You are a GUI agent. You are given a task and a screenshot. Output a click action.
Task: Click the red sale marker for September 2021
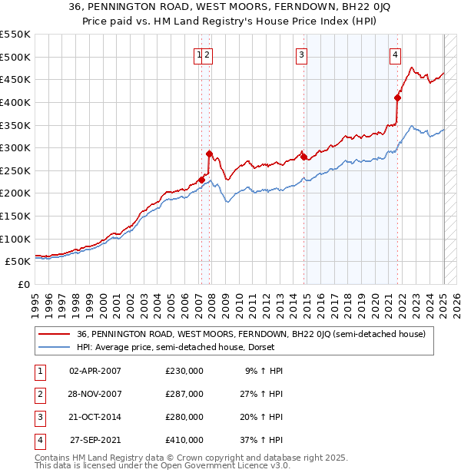tap(397, 98)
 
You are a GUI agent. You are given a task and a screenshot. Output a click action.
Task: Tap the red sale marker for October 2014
tap(303, 157)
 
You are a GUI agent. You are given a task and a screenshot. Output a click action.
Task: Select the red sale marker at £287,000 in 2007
tap(209, 154)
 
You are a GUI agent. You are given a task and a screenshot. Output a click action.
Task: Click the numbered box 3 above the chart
tap(302, 55)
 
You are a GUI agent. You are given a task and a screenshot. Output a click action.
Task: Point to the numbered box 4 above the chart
tap(395, 55)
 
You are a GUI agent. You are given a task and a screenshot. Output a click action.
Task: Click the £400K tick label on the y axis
tap(15, 102)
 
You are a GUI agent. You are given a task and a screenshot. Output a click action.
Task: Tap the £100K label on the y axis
tap(15, 239)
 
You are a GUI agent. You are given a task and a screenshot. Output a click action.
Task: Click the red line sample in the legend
tap(54, 334)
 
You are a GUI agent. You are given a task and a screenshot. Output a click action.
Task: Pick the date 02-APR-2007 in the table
tap(95, 371)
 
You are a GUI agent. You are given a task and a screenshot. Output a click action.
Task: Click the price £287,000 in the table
tap(184, 394)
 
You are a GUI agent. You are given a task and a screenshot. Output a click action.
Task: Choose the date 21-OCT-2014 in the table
tap(95, 417)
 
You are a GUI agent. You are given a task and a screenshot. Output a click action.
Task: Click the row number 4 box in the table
tap(38, 440)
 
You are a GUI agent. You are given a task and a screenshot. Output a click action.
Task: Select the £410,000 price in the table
tap(184, 440)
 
